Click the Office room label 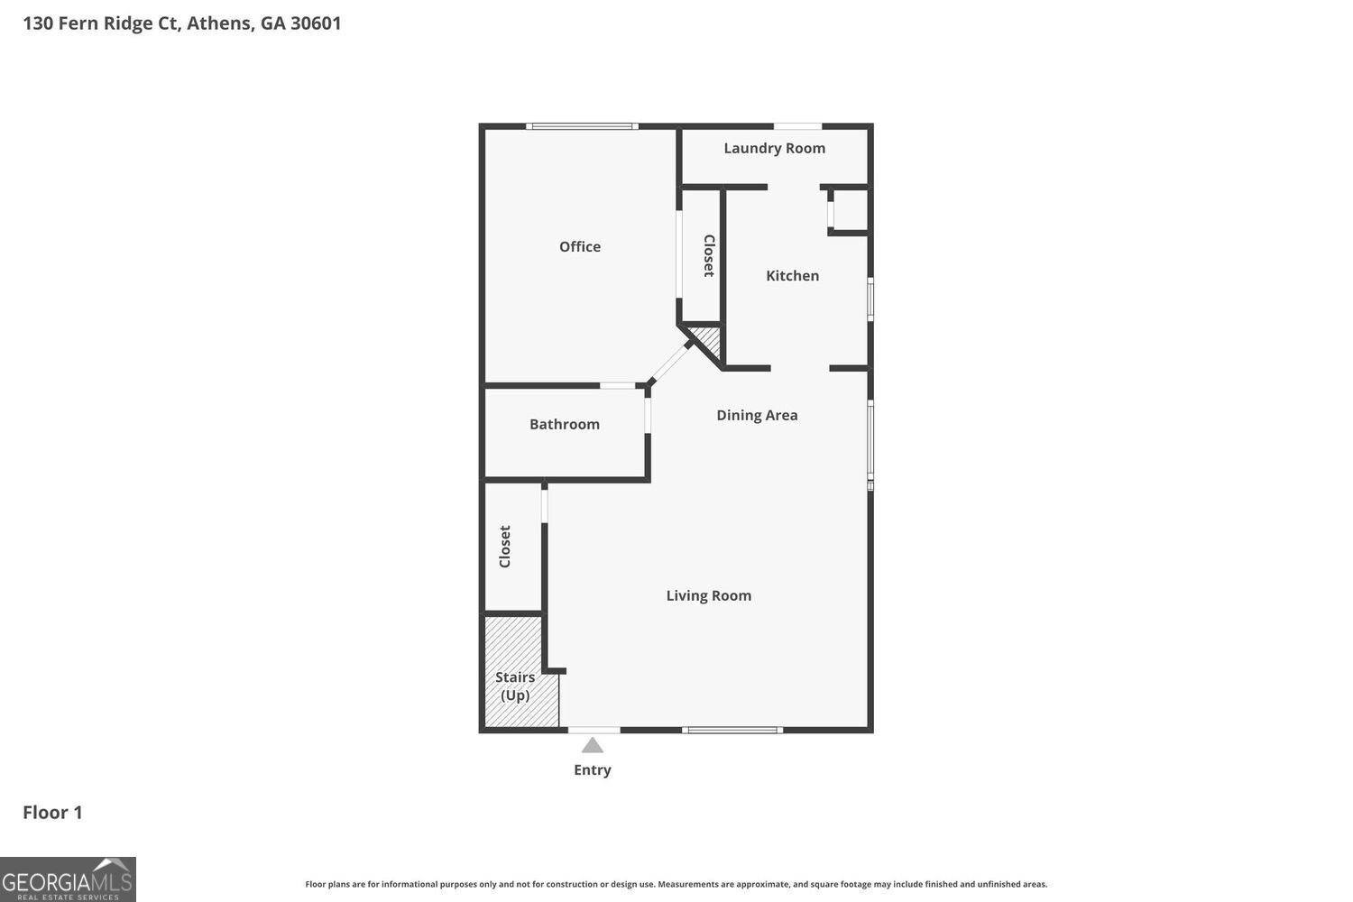pos(579,246)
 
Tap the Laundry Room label pos(774,148)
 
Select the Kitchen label pos(792,275)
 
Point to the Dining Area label pos(757,415)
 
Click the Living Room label pos(708,595)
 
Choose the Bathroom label pos(564,424)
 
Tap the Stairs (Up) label pos(515,686)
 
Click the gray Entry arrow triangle pos(592,745)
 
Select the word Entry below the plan pos(592,769)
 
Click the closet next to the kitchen pos(702,255)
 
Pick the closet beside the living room pos(511,547)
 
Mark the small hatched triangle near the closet pos(708,340)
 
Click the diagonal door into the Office pos(669,363)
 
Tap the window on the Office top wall pos(582,126)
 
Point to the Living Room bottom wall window pos(732,729)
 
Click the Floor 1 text pos(52,812)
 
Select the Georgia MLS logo pos(68,879)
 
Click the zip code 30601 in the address pos(316,23)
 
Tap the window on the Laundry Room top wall pos(797,126)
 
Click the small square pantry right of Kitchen pos(850,209)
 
